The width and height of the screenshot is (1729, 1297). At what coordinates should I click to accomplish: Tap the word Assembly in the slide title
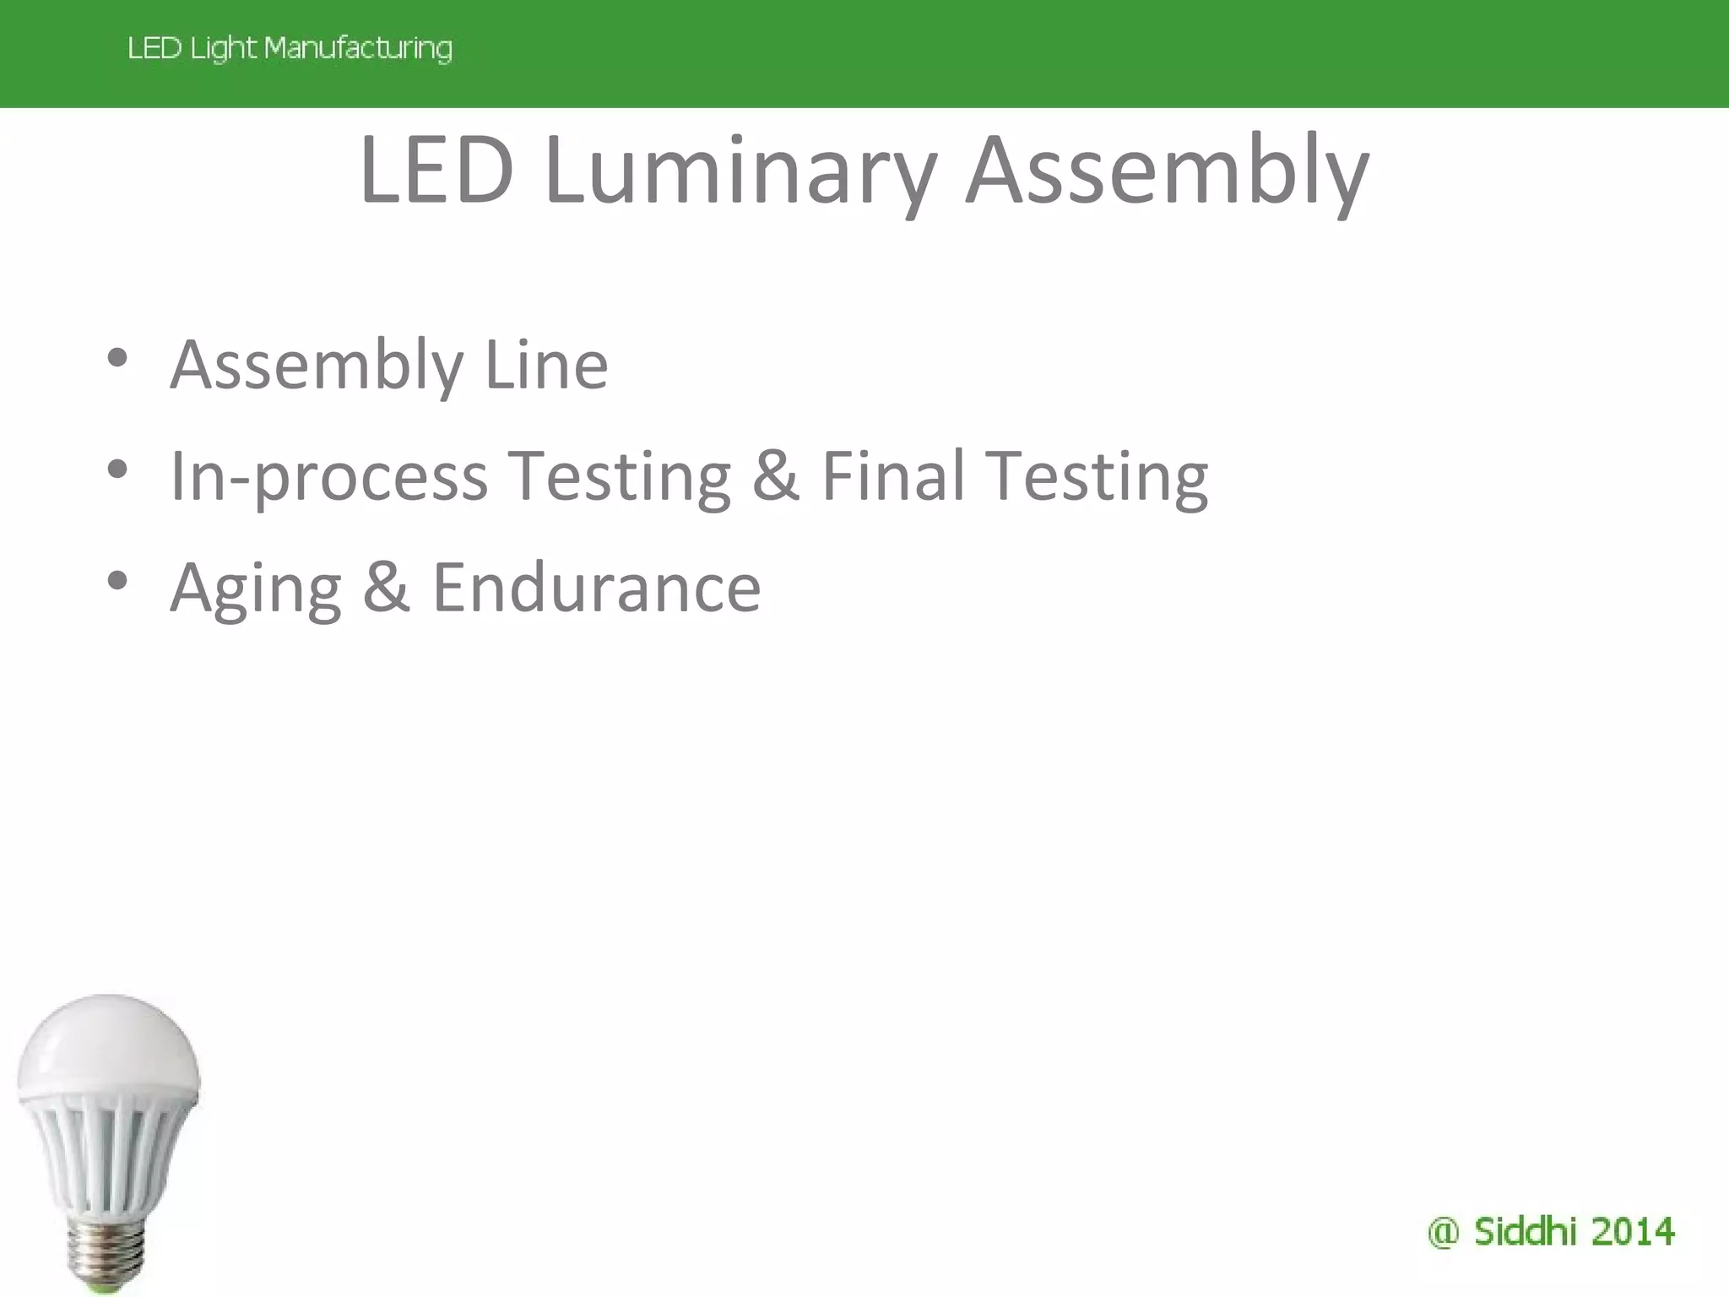coord(1167,171)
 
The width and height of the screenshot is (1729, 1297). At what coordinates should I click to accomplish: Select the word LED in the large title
coord(436,171)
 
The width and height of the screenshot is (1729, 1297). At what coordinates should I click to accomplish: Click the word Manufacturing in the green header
coord(358,48)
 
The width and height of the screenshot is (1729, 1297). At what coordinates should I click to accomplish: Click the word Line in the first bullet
coord(546,366)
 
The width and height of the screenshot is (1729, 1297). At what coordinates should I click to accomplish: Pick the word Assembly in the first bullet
coord(317,366)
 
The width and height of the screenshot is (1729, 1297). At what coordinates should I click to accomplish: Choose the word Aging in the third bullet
coord(256,589)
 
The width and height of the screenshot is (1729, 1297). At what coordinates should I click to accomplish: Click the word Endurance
coord(596,589)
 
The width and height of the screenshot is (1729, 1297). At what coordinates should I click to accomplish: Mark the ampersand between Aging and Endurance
coord(386,589)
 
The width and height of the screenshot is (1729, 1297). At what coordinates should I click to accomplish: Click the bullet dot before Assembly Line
coord(117,358)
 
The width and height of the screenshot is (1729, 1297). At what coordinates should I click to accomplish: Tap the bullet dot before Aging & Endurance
coord(117,581)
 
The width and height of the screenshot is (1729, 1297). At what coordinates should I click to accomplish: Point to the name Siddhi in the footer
coord(1525,1232)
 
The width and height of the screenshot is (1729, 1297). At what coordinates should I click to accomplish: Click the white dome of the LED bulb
coord(107,1043)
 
